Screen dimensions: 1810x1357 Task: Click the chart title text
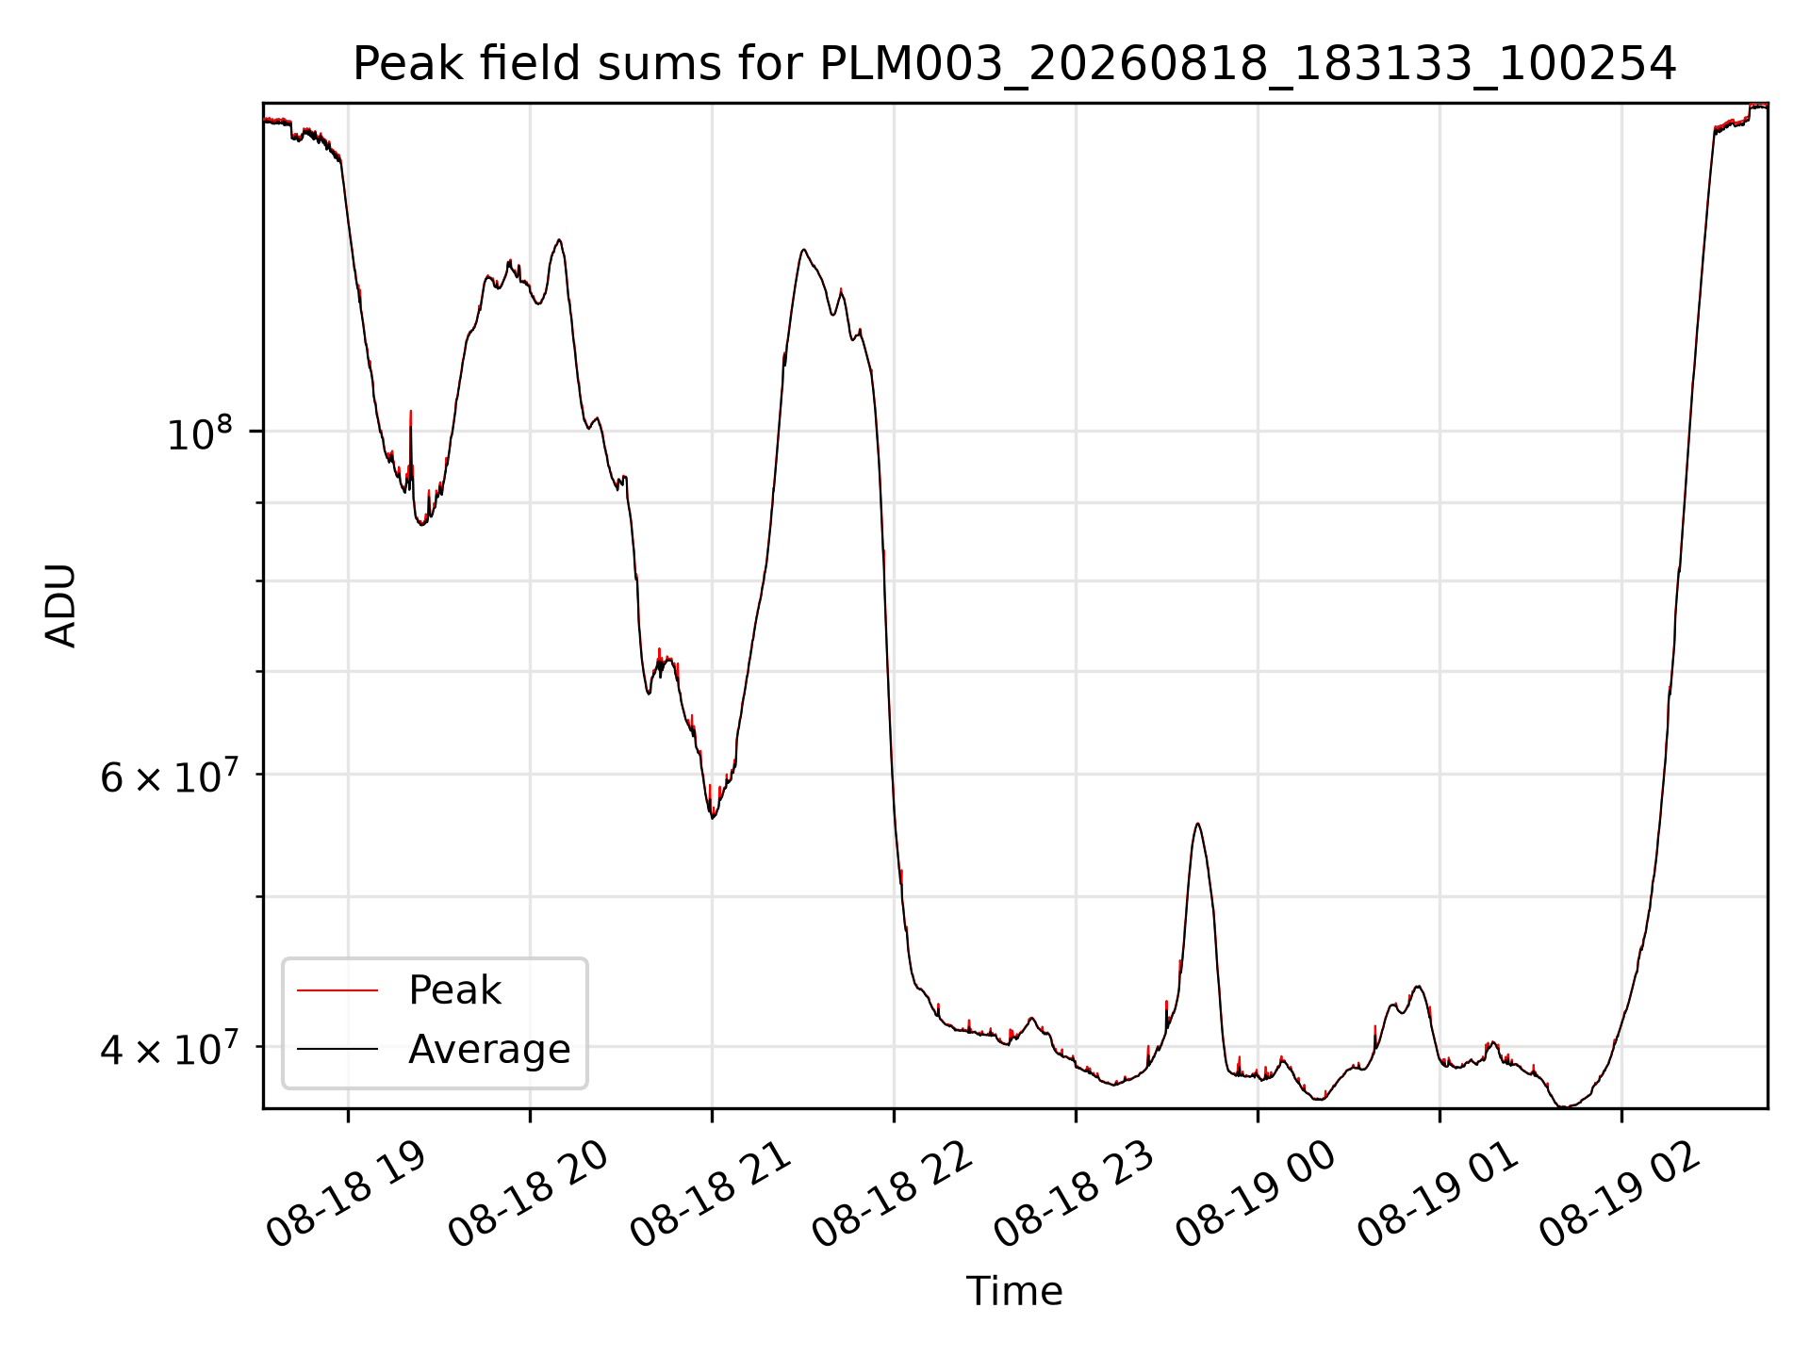pos(1014,64)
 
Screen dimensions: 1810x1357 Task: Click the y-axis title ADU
pos(61,605)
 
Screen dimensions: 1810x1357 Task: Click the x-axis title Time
pos(1014,1291)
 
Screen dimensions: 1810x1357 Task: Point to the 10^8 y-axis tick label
pos(200,433)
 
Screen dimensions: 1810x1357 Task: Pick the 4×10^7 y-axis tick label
pos(167,1049)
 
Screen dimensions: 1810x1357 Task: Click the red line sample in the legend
pos(337,990)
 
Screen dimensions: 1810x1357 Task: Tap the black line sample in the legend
pos(337,1049)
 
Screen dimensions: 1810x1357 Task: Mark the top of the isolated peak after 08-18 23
pos(1197,824)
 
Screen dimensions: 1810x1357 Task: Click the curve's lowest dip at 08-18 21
pos(713,817)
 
